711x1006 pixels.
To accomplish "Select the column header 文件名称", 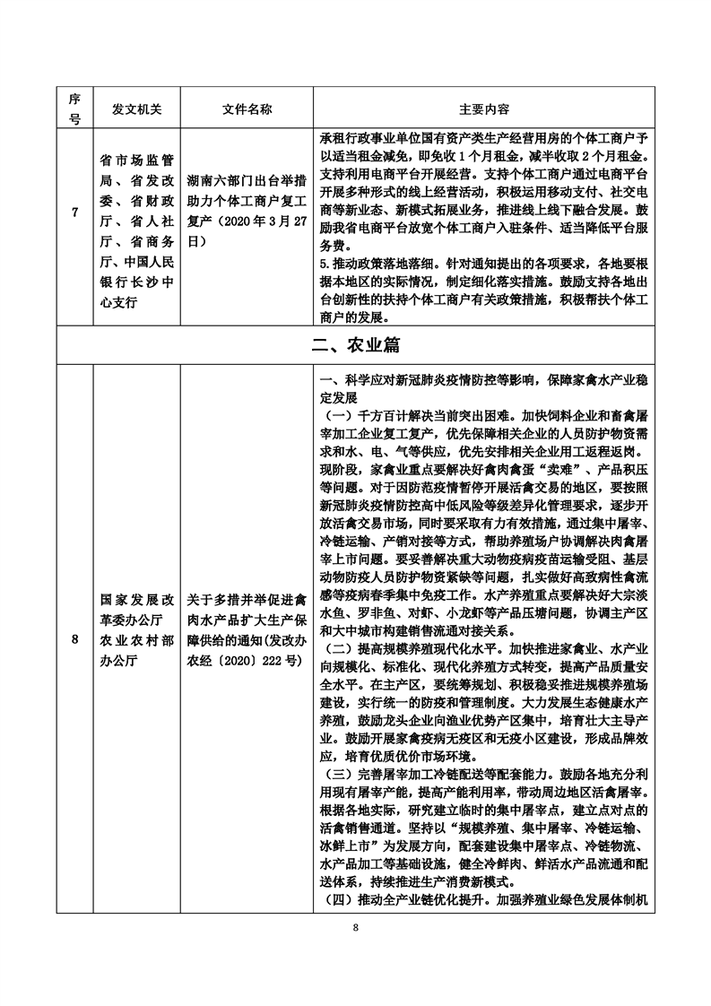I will pos(247,108).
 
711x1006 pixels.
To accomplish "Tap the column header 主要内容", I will pos(484,108).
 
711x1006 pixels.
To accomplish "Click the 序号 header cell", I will pos(75,108).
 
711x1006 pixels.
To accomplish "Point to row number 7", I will pos(75,238).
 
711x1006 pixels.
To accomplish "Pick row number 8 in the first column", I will pos(75,638).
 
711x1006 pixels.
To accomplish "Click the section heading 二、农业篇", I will pos(356,344).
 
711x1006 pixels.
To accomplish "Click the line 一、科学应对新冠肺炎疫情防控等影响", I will pos(484,380).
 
